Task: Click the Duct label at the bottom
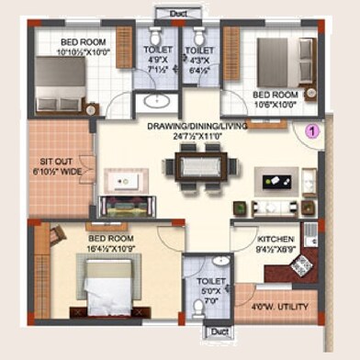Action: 218,332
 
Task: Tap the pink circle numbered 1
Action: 311,131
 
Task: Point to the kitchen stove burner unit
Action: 300,266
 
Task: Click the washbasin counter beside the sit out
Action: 121,181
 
